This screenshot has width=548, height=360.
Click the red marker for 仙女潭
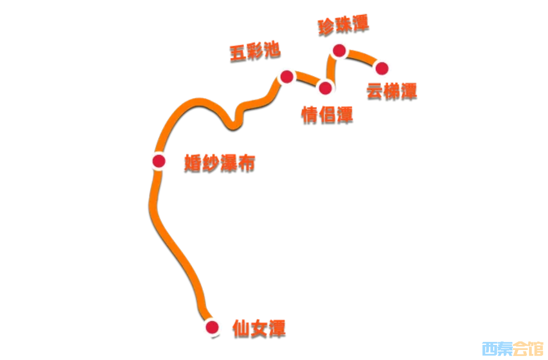click(212, 327)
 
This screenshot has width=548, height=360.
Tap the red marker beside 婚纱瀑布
click(159, 161)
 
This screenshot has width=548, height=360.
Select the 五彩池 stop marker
click(287, 76)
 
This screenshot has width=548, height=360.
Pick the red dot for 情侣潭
click(325, 88)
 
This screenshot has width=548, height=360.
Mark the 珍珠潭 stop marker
click(339, 50)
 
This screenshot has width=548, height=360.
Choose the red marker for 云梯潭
click(382, 68)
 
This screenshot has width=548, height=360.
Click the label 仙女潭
click(259, 328)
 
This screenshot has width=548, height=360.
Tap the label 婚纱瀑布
click(219, 163)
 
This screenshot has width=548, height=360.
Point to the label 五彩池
click(255, 51)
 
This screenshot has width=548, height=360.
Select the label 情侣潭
click(327, 115)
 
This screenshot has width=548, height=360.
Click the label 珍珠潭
click(343, 25)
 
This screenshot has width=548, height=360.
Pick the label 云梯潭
click(392, 91)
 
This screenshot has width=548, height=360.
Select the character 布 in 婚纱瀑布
click(247, 163)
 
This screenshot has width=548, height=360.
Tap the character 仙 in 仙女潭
click(241, 328)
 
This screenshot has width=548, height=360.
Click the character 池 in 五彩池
click(272, 49)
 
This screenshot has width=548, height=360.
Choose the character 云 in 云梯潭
click(374, 91)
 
